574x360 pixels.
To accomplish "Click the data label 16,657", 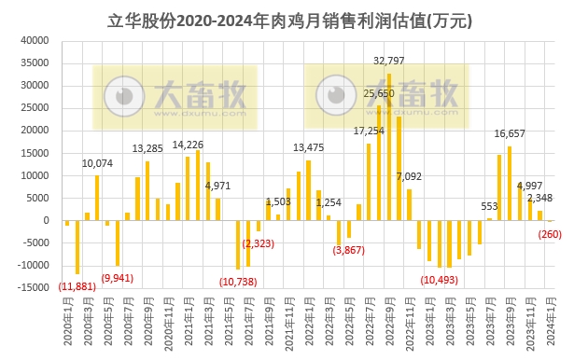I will pos(510,133).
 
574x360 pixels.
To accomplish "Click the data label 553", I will pos(489,206).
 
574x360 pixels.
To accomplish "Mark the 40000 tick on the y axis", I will pos(35,40).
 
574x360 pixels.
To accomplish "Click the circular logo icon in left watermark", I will pos(119,94).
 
